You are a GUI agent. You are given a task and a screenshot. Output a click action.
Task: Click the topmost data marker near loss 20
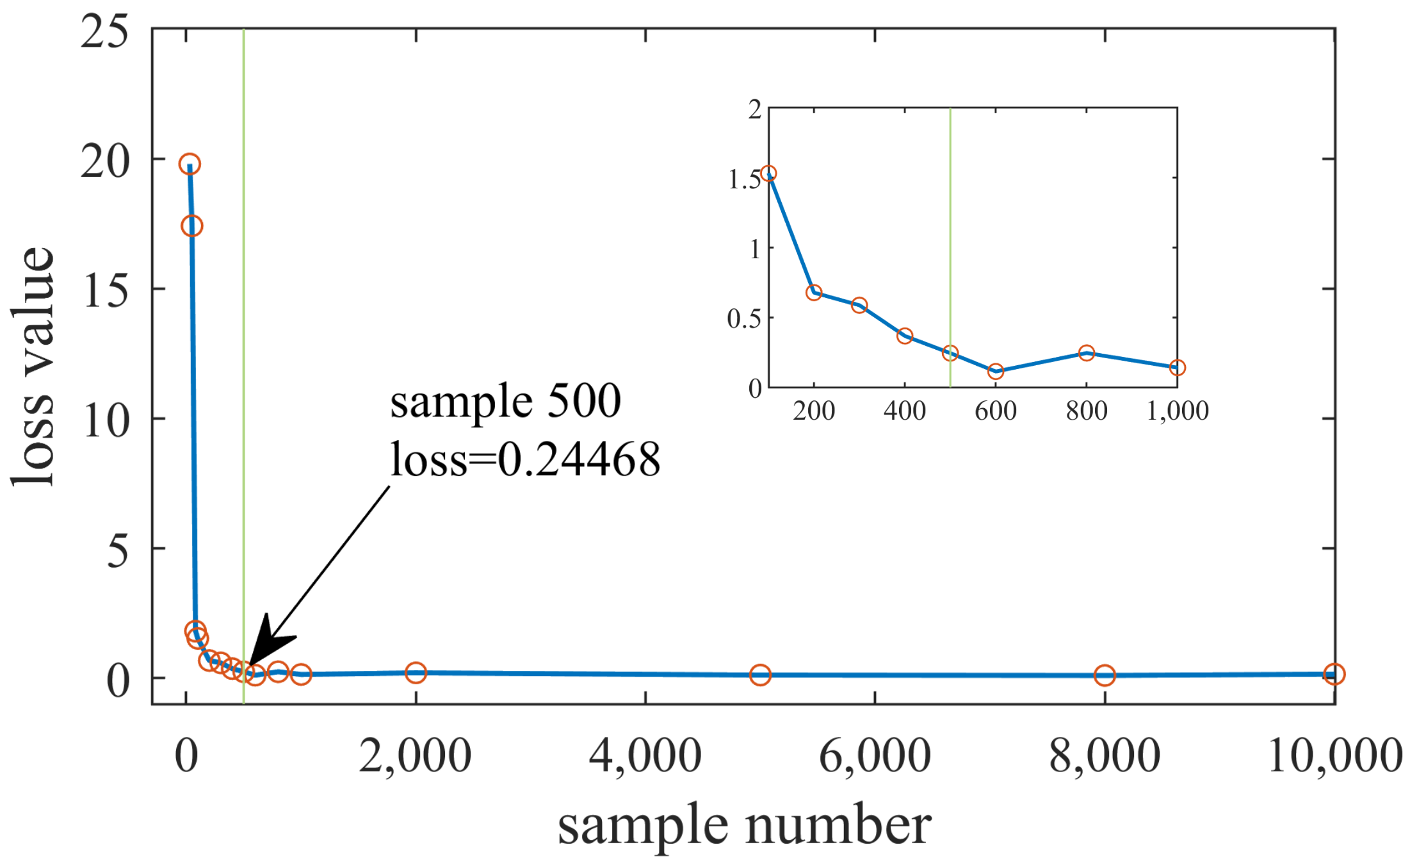tap(190, 164)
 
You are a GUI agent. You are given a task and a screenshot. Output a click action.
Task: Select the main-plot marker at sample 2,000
tap(416, 673)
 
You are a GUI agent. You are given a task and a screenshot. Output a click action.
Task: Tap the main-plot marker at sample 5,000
tap(760, 675)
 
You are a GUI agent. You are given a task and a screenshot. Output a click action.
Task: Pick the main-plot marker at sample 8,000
tap(1105, 675)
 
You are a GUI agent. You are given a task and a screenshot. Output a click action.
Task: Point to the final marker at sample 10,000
tap(1334, 674)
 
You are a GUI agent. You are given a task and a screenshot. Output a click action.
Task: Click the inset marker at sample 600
tap(996, 371)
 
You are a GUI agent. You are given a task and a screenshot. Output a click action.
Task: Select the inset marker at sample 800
tap(1087, 353)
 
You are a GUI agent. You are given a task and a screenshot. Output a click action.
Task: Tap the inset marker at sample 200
tap(814, 293)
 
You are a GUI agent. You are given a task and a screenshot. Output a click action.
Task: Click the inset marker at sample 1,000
tap(1177, 368)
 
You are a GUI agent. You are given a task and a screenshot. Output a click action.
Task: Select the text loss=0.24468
tap(525, 460)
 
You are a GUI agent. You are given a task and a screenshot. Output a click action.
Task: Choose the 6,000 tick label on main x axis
tap(875, 756)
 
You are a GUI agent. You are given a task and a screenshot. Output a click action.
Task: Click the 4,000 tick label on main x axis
tap(645, 756)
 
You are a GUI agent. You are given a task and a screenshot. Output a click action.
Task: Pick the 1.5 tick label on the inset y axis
tap(745, 180)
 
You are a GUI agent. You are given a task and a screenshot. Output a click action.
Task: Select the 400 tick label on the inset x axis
tap(904, 411)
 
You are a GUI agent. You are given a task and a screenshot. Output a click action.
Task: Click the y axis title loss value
tap(33, 367)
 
